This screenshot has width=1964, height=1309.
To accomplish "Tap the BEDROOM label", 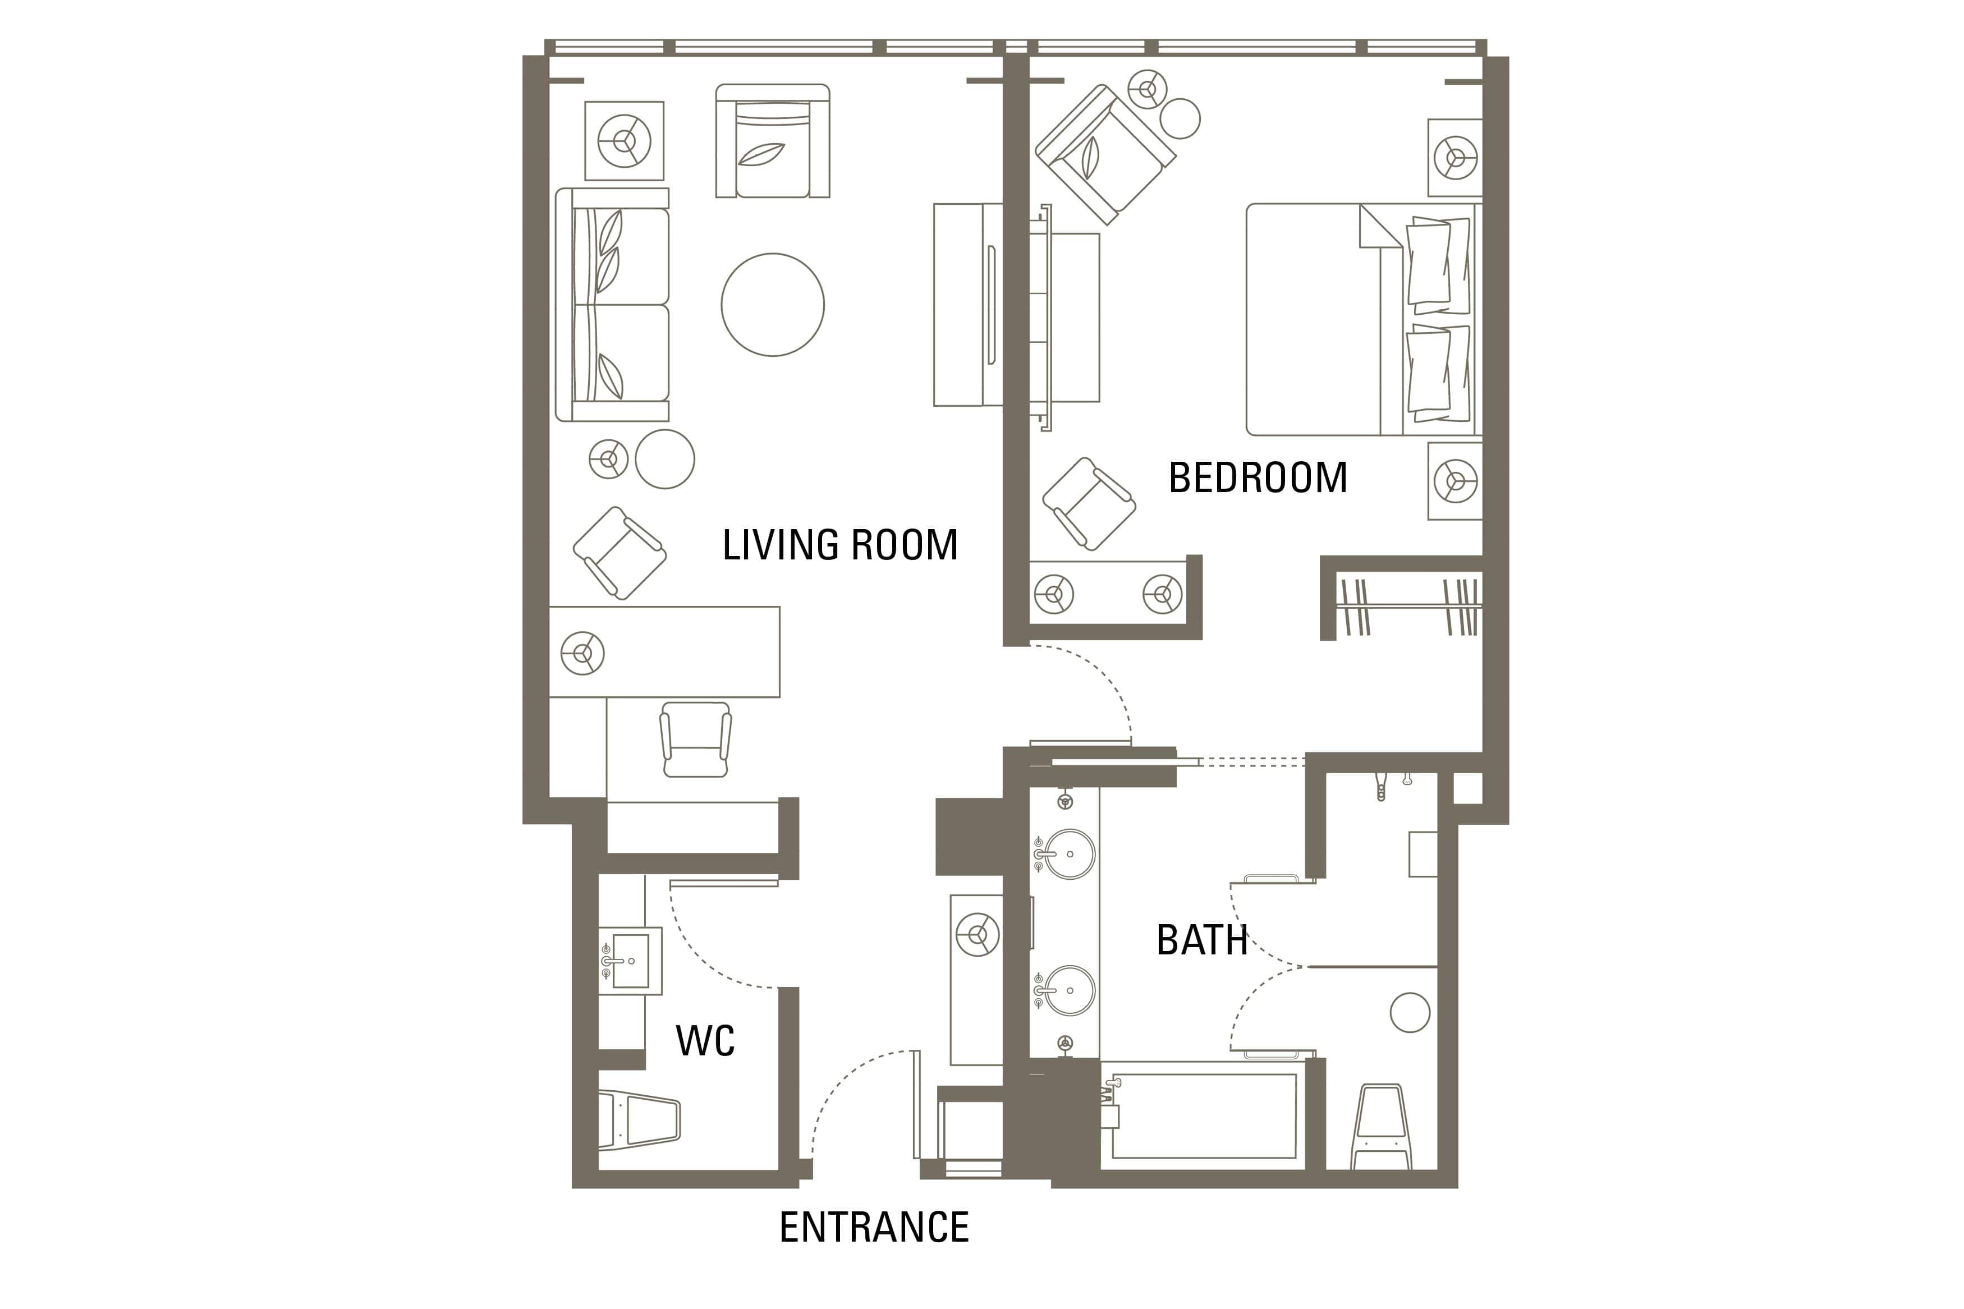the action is [1258, 477].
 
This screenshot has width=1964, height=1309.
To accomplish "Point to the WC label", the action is [705, 1040].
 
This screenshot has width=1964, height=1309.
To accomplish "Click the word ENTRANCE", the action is [874, 1227].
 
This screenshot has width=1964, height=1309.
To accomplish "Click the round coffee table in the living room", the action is [772, 305].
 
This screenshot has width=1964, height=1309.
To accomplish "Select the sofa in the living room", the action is [613, 305].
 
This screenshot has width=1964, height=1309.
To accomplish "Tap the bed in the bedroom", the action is [1363, 320].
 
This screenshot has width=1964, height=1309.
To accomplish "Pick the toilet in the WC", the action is [639, 1119].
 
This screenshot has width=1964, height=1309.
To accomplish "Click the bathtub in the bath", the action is [1203, 1115].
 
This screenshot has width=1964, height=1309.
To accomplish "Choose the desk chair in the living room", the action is [695, 739].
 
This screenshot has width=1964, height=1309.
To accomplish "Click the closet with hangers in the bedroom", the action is [1407, 605].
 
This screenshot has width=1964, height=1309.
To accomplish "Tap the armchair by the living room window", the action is [772, 140].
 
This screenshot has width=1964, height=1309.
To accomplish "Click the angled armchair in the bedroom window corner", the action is [1104, 154].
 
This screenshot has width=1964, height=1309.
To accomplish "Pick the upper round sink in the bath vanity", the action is [1068, 854].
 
